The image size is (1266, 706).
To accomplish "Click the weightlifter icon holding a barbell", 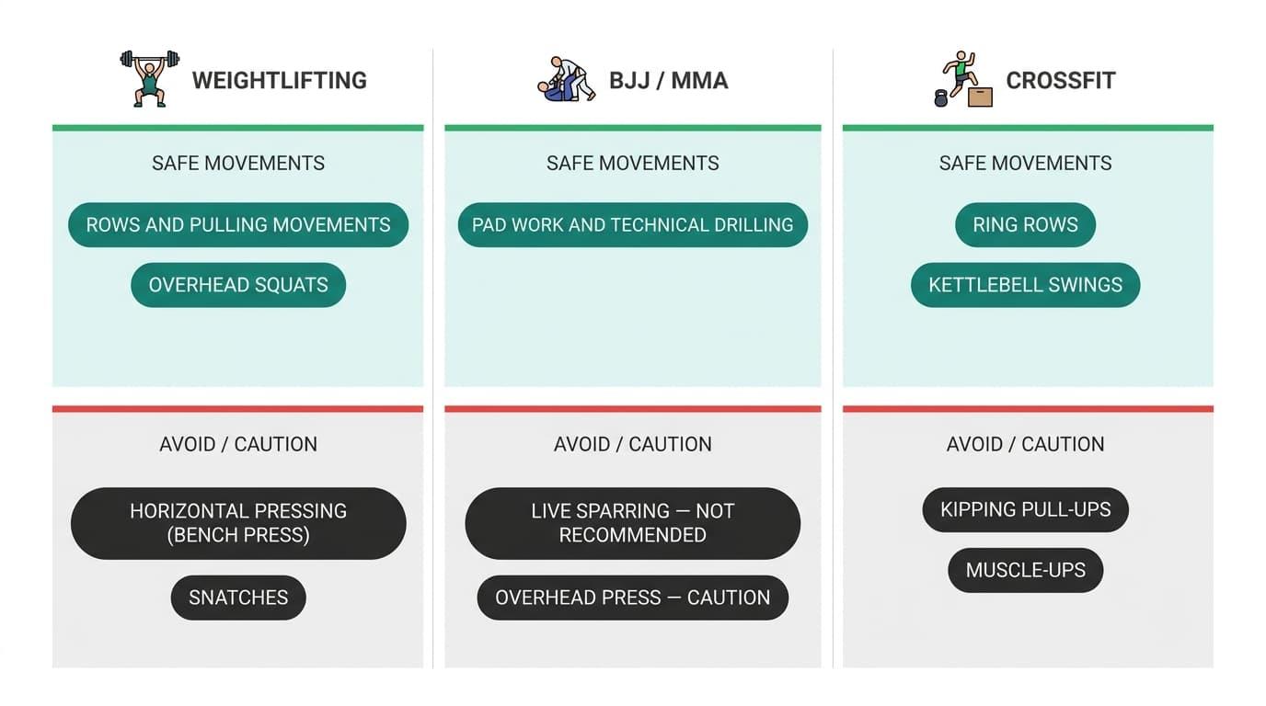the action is tap(150, 78).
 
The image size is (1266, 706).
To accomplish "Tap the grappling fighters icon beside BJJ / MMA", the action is tap(566, 79).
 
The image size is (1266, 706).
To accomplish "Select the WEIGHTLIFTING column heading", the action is tap(279, 80).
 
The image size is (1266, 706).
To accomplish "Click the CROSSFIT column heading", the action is tap(1060, 80).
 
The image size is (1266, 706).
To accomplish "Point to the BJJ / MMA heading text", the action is tap(669, 80).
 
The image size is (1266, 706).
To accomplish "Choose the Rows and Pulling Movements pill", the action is tap(238, 225).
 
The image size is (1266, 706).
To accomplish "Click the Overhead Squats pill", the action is tap(238, 285).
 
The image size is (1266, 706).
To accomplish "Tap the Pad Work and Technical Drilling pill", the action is tap(632, 225).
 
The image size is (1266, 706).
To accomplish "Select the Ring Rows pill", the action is tap(1025, 225).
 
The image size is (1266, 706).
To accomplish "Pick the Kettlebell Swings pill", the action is tap(1025, 285).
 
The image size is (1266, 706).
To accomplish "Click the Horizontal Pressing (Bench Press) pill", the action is tap(238, 523).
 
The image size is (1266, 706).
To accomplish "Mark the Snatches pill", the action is tap(238, 598).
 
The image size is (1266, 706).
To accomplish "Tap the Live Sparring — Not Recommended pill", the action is tap(632, 523).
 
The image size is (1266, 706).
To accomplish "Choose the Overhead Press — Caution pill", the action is tap(632, 598).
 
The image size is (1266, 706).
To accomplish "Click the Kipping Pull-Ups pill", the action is tap(1025, 509).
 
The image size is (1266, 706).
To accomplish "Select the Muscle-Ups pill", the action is tap(1025, 570).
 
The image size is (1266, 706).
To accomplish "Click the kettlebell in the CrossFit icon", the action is tap(940, 98).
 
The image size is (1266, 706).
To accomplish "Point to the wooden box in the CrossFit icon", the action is tap(980, 97).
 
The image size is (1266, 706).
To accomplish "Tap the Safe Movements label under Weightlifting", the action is tap(238, 164).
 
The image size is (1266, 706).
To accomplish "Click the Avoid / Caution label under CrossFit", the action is tap(1025, 445).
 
